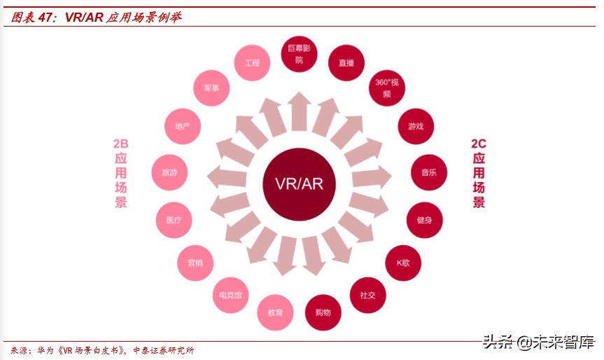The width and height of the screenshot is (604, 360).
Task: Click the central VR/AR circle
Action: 299,184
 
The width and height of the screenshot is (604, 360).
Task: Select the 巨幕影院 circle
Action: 299,54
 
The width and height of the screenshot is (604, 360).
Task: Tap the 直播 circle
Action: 346,63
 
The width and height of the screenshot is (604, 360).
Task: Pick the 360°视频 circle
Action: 387,88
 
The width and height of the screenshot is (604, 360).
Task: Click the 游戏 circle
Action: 416,127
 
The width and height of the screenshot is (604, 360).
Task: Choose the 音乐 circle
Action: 429,172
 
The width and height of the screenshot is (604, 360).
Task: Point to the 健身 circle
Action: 425,220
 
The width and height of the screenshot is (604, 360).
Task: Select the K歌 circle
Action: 403,263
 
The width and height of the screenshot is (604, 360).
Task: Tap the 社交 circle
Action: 367,295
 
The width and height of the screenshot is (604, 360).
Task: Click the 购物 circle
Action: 323,312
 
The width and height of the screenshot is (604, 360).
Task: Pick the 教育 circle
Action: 275,312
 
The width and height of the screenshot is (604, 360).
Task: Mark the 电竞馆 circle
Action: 231,295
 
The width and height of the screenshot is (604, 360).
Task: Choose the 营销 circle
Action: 195,263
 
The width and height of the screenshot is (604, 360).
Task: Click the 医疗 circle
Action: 174,220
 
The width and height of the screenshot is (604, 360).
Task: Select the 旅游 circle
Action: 169,172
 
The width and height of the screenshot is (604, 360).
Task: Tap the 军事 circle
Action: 211,88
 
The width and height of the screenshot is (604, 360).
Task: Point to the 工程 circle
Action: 252,63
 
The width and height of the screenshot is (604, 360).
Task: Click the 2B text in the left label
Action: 120,144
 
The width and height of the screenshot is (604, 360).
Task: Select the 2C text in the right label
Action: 479,144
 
